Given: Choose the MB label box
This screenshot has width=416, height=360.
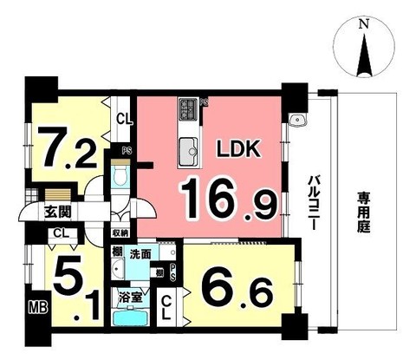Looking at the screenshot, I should click(x=37, y=307).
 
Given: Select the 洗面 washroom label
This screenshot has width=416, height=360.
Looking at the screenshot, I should click(x=141, y=254).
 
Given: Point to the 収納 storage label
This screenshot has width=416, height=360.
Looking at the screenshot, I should click(x=120, y=233).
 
